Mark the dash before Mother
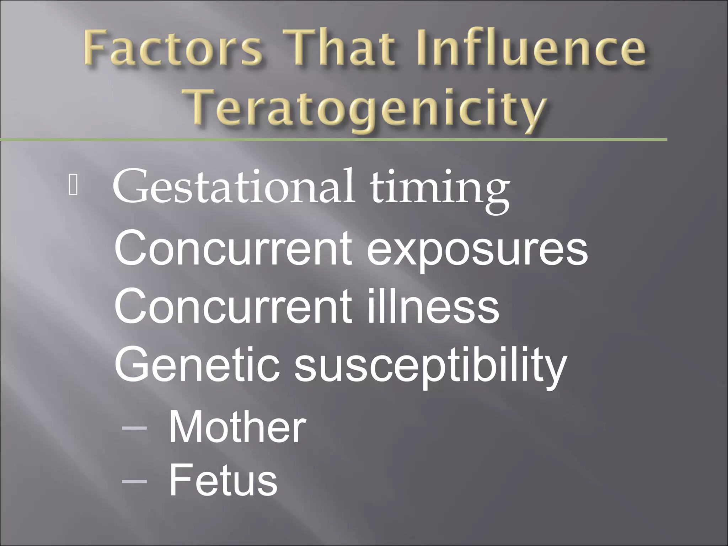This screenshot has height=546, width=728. coord(134,429)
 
